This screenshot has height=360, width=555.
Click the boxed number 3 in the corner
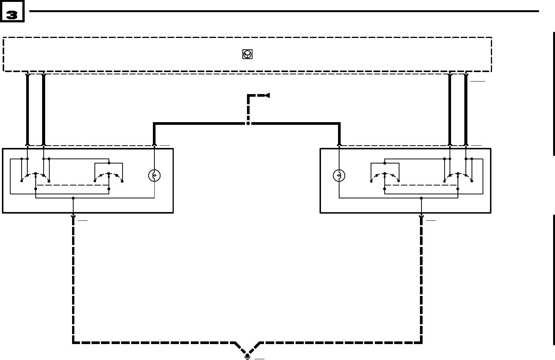click(x=13, y=15)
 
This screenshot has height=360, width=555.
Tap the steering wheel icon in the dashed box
click(x=247, y=55)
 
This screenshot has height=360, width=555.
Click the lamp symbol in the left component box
click(x=154, y=176)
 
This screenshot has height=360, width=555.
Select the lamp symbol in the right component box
click(x=339, y=176)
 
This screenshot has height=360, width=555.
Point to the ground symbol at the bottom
click(x=247, y=355)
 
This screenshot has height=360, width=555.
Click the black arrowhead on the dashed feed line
click(x=267, y=95)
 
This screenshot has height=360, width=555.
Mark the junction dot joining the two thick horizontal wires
click(x=248, y=124)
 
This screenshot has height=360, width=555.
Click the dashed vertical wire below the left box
click(x=73, y=281)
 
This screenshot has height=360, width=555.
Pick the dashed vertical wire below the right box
click(x=421, y=281)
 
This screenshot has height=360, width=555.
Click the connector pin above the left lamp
click(x=154, y=144)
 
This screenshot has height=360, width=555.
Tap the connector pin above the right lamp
click(x=339, y=144)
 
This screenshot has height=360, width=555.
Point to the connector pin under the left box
click(x=73, y=217)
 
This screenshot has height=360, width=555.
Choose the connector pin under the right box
click(x=421, y=217)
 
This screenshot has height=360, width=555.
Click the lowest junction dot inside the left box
click(x=73, y=198)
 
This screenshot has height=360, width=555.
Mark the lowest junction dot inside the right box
click(x=421, y=198)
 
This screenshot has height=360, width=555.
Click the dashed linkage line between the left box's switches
click(x=72, y=185)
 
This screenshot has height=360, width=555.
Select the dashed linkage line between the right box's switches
click(x=421, y=185)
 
